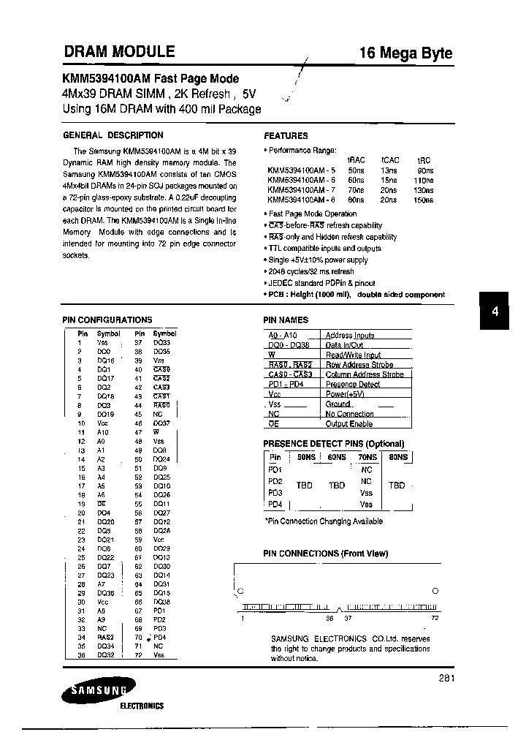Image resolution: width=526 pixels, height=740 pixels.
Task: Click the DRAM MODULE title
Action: coord(119,52)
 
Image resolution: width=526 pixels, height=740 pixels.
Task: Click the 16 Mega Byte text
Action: coord(405,53)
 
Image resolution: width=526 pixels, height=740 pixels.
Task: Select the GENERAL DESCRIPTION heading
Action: coord(113,135)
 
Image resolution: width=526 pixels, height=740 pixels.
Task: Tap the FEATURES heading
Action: coord(286,135)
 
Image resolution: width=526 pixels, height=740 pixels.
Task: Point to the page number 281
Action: coord(447,679)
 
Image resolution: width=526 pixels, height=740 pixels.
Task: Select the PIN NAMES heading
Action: coord(286,320)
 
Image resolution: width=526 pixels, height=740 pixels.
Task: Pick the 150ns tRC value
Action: coord(424,200)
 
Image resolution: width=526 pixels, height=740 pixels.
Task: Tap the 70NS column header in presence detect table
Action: coord(367,456)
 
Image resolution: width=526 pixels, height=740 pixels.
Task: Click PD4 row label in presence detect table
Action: coord(275,505)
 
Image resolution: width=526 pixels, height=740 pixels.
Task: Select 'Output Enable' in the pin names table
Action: coord(349,424)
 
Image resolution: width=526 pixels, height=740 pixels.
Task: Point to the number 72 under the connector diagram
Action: coord(434,618)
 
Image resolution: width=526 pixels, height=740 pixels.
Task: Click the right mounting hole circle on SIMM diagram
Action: coord(435,591)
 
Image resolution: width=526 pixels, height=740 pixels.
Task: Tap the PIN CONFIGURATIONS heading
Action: coord(107,320)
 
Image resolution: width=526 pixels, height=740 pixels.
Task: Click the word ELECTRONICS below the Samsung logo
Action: coord(142,706)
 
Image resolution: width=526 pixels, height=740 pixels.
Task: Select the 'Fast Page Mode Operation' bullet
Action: coord(313,214)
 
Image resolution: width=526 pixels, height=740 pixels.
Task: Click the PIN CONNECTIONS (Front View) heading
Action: coord(325,554)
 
